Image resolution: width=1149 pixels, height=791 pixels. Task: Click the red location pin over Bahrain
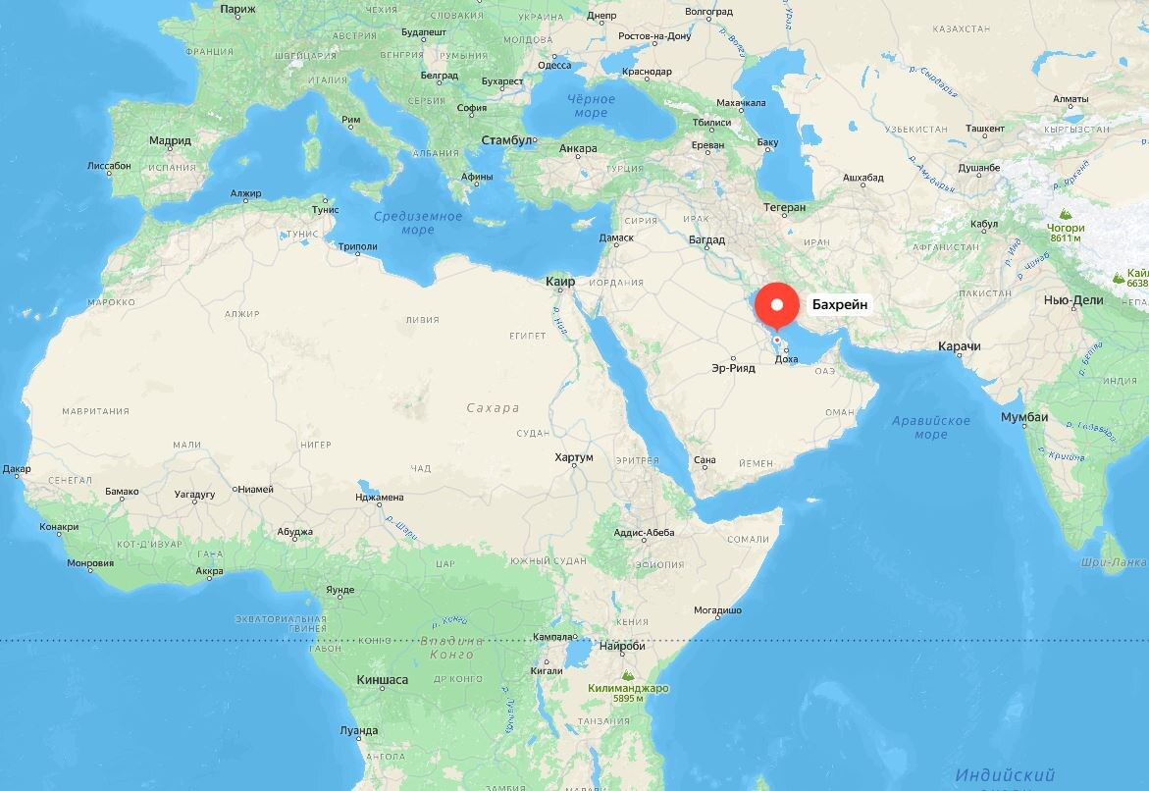coord(778,304)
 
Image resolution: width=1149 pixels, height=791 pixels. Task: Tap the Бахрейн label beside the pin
coord(840,305)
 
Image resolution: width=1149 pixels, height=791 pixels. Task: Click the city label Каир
coord(560,282)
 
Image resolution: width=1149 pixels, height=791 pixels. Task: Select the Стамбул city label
coord(506,141)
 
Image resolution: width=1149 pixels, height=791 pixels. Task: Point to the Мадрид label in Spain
coord(170,141)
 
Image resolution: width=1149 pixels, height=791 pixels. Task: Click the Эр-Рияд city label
coord(735,369)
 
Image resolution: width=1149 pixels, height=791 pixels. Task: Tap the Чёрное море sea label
coord(591,106)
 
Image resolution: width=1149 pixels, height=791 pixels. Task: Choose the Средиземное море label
coord(418,223)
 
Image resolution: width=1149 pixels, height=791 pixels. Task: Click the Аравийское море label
coord(931,427)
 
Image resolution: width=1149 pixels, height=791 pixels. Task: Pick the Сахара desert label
coord(493,408)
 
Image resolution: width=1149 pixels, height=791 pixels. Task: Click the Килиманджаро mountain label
coord(628,688)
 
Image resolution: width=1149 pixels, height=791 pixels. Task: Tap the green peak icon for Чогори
coord(1066,213)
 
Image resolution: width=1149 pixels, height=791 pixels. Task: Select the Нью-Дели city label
coord(1073,300)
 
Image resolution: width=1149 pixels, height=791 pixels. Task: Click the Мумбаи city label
coord(1024,418)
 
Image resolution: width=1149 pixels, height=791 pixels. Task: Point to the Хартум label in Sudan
coord(574,458)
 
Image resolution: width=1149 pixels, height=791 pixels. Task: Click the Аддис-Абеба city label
coord(645,533)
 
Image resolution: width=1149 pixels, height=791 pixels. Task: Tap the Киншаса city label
coord(382,680)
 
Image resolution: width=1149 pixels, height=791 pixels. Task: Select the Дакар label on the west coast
coord(17,469)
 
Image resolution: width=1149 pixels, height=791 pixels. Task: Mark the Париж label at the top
coord(237,9)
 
